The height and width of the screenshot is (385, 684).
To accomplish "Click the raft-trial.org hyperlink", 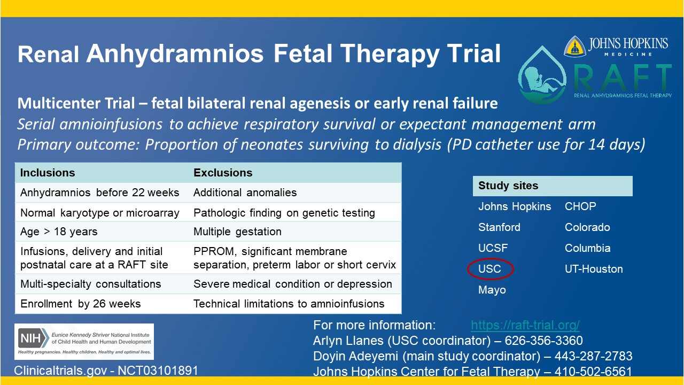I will [525, 325].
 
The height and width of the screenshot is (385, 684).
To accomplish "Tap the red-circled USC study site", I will [490, 269].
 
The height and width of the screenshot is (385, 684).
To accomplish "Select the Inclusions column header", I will [48, 173].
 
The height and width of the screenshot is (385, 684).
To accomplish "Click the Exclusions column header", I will [223, 173].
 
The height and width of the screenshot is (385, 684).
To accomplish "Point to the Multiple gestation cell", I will [237, 232].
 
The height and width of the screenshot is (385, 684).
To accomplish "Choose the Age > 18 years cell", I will [59, 232].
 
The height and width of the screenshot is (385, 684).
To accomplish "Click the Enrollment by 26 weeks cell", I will [80, 304].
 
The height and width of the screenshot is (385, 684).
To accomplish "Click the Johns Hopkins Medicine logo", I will [616, 46].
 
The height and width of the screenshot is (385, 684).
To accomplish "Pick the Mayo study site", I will [492, 290].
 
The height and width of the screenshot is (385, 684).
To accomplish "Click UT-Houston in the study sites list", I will [594, 269].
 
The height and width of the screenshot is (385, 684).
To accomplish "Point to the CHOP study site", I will [580, 206].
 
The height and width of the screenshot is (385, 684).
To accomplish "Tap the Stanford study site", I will [499, 227].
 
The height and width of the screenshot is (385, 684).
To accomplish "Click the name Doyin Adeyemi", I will [353, 356].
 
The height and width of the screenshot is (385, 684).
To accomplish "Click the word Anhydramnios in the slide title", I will [175, 54].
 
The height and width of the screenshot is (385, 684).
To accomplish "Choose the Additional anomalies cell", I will [245, 192].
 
